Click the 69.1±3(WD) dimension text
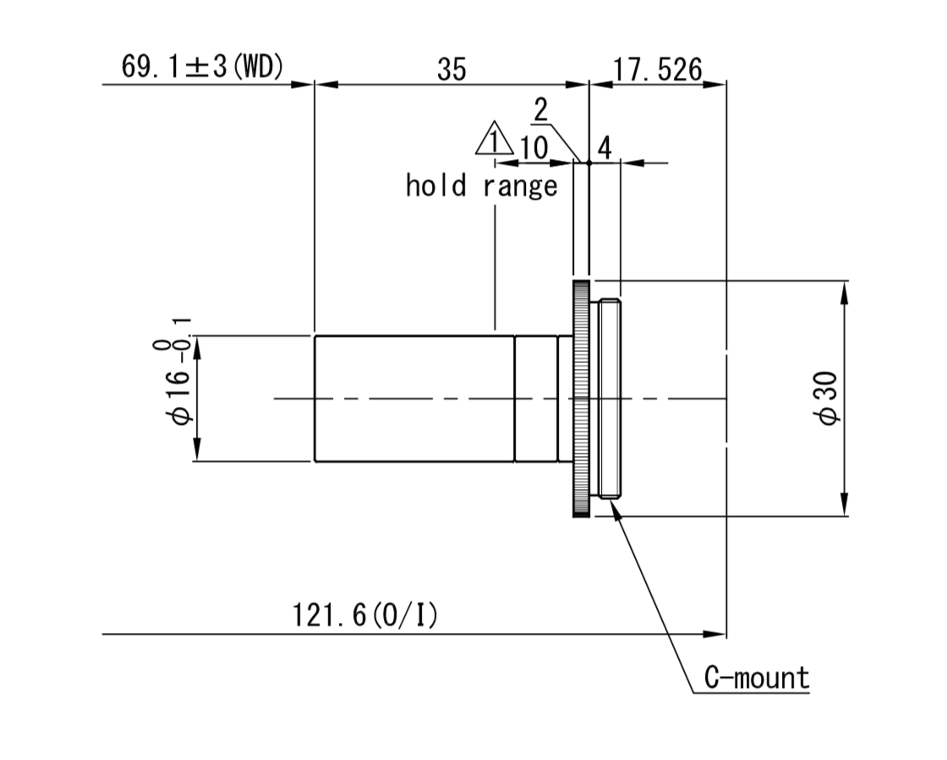click(x=202, y=67)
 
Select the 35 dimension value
click(x=452, y=69)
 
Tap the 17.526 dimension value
click(x=658, y=69)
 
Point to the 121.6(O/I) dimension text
click(x=364, y=615)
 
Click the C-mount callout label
click(x=757, y=678)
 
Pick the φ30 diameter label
click(x=826, y=399)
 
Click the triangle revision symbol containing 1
click(x=494, y=139)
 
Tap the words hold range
click(x=481, y=185)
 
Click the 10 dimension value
click(x=534, y=147)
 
